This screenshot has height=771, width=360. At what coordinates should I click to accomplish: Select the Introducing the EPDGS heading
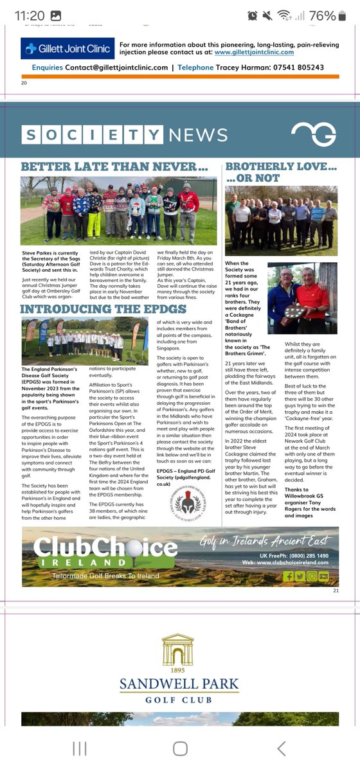point(98,310)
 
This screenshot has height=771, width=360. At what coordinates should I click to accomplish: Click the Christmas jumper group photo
point(119,209)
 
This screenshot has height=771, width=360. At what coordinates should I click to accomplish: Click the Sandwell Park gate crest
point(178,650)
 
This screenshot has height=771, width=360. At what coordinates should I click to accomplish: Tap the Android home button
point(180,749)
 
